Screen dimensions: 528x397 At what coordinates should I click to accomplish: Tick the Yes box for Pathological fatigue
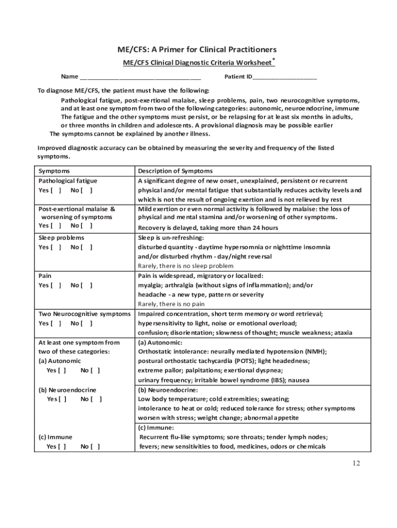click(56, 190)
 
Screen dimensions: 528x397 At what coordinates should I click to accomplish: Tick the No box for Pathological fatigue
click(88, 190)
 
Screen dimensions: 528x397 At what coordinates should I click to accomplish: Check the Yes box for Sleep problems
click(56, 247)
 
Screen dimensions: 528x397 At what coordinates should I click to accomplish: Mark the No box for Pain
click(88, 285)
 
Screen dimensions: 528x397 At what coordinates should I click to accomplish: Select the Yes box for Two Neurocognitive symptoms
click(56, 323)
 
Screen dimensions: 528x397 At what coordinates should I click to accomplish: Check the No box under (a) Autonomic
click(95, 370)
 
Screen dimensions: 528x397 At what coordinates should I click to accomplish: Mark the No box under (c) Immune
click(95, 447)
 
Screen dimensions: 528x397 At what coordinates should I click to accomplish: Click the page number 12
click(356, 463)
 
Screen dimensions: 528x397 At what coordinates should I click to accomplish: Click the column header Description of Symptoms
click(175, 171)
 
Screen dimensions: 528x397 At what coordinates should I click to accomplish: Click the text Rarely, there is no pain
click(171, 304)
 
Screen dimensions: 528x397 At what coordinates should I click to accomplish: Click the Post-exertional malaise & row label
click(77, 209)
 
